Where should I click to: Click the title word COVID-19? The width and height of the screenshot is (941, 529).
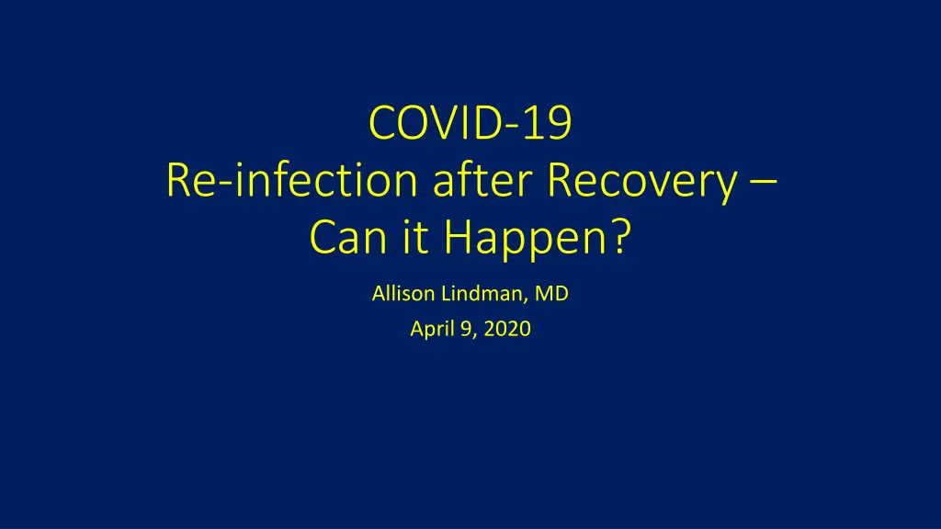coord(470,123)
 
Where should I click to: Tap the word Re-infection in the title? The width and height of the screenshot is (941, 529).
coord(291,180)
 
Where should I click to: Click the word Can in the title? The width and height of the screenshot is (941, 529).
coord(347,236)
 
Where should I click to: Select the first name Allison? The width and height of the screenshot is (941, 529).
coord(403,293)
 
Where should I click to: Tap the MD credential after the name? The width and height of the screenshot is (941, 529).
coord(551,293)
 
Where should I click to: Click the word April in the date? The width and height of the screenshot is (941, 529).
coord(432,330)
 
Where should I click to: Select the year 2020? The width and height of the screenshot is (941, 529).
coord(507,329)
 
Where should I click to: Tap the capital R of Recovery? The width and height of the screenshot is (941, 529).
coord(559,180)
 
